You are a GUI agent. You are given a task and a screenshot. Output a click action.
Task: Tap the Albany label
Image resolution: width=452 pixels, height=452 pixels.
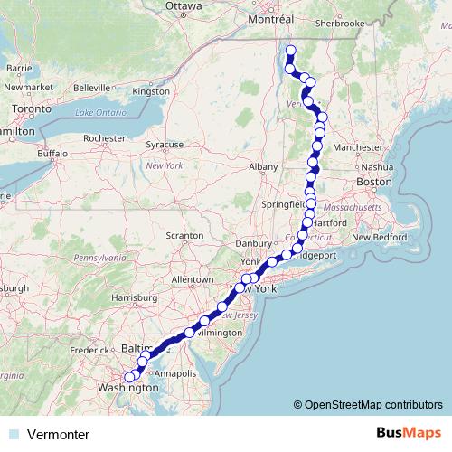point(263,167)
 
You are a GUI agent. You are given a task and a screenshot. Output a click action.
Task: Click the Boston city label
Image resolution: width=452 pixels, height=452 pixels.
point(373,182)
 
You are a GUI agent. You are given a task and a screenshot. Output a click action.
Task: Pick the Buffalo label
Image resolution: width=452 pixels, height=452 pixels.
point(52,154)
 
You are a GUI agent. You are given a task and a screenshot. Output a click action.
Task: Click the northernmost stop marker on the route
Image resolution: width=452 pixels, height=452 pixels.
point(290,51)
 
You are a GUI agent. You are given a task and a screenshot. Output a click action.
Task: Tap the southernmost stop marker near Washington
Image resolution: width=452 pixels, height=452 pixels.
point(129,377)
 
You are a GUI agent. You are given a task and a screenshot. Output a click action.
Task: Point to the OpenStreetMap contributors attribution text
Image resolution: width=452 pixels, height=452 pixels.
point(372,404)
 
